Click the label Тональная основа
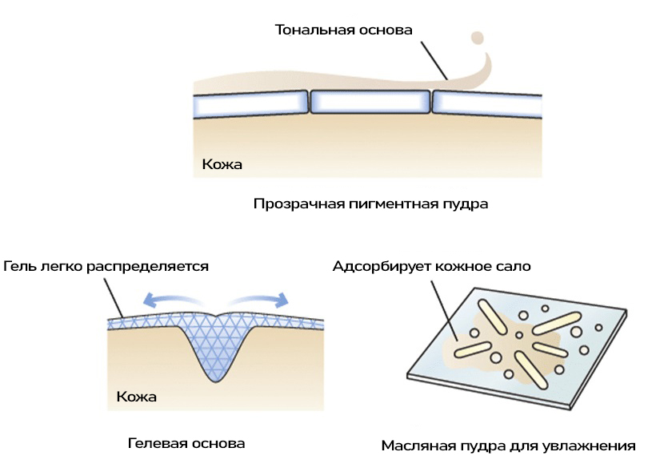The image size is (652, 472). [x=343, y=30]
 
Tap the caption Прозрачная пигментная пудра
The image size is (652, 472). [x=370, y=204]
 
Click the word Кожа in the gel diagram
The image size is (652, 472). [x=137, y=396]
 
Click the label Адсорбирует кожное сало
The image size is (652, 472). [x=431, y=266]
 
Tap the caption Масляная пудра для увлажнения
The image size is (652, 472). [x=508, y=446]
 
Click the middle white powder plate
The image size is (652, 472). [x=370, y=101]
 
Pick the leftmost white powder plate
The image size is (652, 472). [x=250, y=103]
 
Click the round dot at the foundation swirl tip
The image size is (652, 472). [x=478, y=37]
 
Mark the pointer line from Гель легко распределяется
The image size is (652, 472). [x=117, y=297]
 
